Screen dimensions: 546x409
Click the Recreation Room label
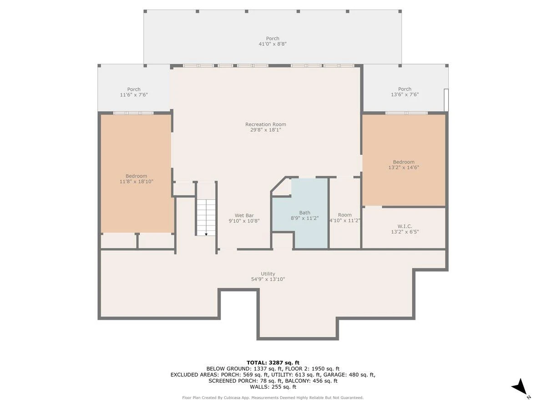265,124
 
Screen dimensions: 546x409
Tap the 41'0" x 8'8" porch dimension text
273,44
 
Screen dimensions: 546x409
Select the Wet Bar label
244,215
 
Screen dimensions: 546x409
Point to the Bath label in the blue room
305,213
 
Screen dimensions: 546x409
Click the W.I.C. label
404,226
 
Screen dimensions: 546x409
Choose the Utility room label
268,274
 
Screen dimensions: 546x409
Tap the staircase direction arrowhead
206,234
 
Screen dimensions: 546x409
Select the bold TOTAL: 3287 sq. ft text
273,363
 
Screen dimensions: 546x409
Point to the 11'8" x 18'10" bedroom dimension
136,181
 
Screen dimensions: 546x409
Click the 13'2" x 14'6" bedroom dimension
404,167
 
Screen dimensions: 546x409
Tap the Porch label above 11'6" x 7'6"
134,89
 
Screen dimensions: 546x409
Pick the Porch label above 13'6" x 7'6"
404,89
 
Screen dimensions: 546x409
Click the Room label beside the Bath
345,215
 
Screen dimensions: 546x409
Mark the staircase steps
206,217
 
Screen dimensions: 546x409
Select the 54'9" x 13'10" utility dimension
268,279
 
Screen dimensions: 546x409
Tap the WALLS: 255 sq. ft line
273,387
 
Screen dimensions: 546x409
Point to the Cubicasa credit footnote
273,398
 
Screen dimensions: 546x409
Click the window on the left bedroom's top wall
134,113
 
